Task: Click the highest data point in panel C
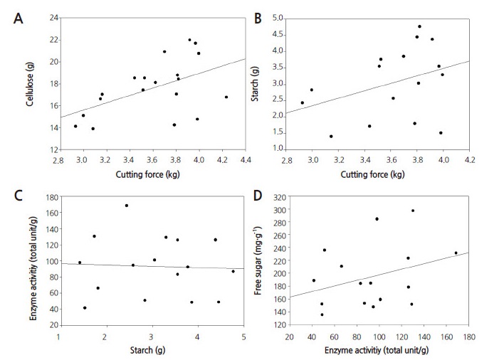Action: [x=127, y=206]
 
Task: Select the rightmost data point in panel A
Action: [x=226, y=97]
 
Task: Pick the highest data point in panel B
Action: [x=419, y=26]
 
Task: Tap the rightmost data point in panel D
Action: [x=456, y=253]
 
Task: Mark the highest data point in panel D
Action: [x=413, y=211]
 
